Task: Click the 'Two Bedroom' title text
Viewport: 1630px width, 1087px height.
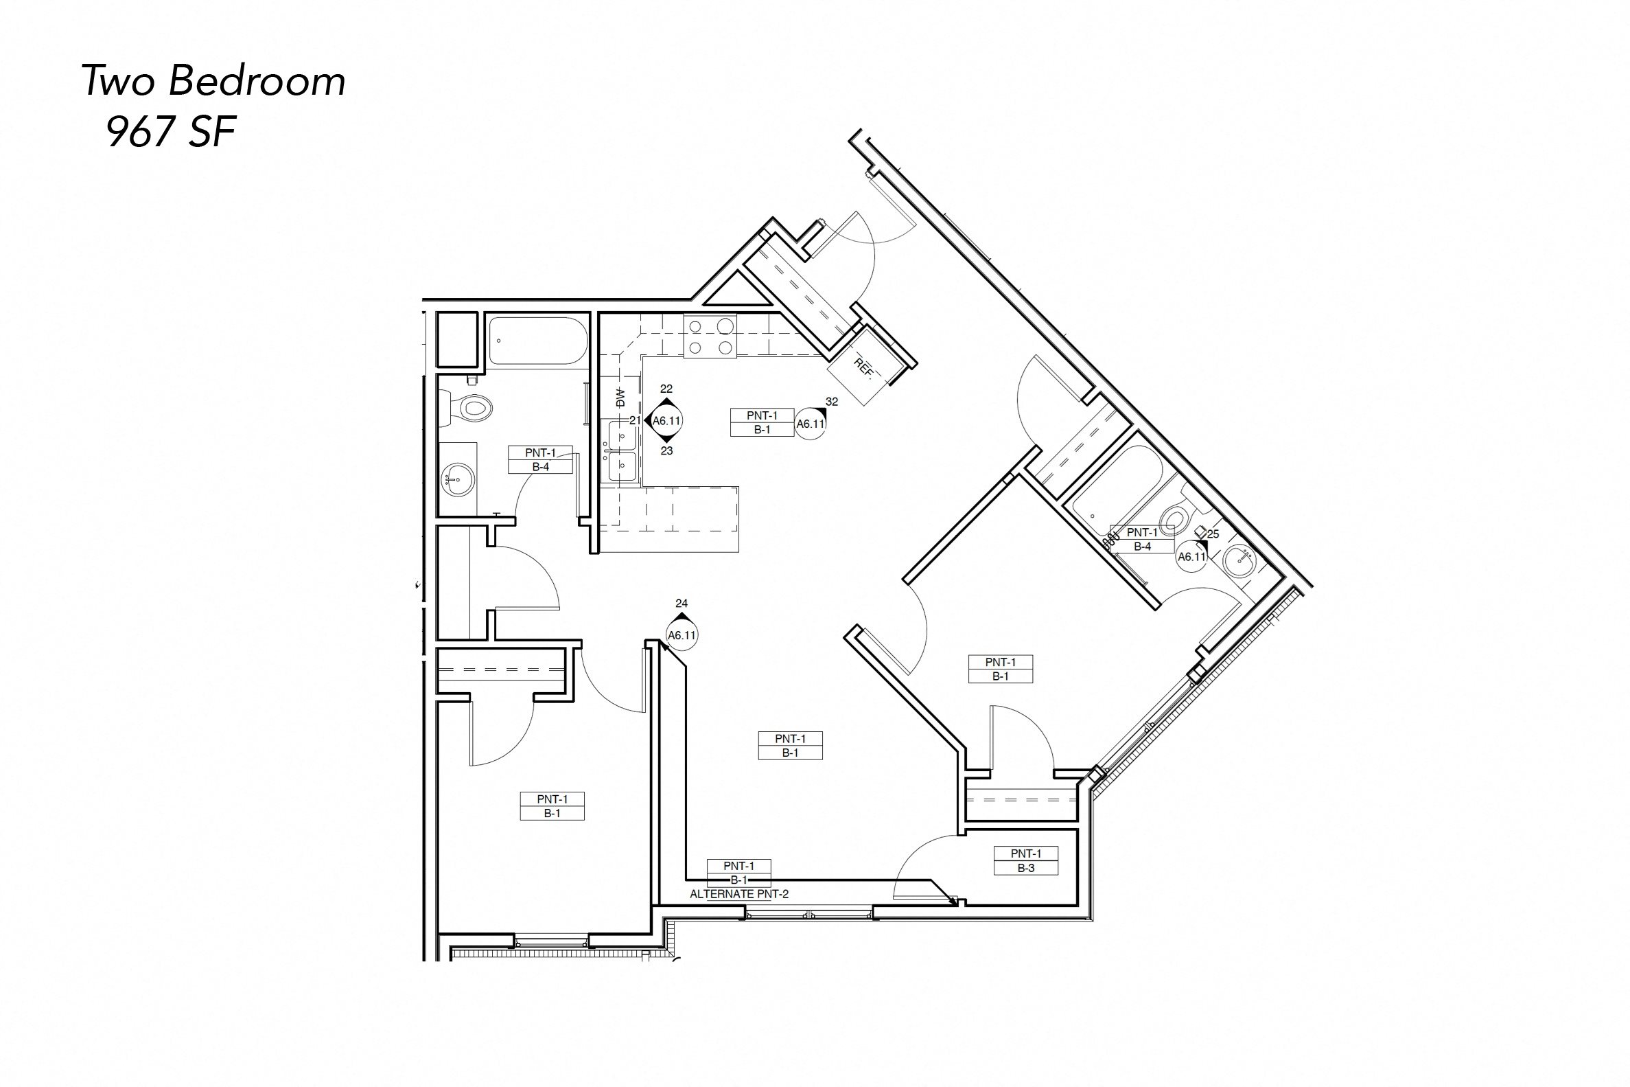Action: click(213, 81)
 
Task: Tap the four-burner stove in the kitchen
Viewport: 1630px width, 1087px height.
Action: click(710, 336)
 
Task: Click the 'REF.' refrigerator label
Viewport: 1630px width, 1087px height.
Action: click(863, 367)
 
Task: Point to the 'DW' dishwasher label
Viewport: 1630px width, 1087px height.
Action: click(620, 397)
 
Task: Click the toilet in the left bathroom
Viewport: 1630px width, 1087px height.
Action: click(471, 407)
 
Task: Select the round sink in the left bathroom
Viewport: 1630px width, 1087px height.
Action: click(456, 479)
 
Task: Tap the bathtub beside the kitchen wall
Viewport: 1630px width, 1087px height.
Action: click(537, 341)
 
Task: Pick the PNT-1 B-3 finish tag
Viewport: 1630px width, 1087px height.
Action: click(1025, 860)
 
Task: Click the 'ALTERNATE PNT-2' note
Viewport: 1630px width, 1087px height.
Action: click(738, 894)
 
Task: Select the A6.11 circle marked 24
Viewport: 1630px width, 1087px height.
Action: click(682, 635)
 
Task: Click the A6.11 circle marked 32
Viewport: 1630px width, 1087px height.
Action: click(811, 424)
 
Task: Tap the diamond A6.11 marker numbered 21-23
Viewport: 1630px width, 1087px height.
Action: click(666, 420)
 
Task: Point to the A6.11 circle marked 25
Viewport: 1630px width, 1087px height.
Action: click(1191, 556)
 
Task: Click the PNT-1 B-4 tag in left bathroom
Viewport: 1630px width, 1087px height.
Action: click(540, 459)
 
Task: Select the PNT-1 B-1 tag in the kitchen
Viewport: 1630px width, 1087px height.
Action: click(762, 422)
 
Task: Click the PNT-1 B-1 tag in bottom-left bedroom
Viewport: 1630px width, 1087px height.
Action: click(551, 806)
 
